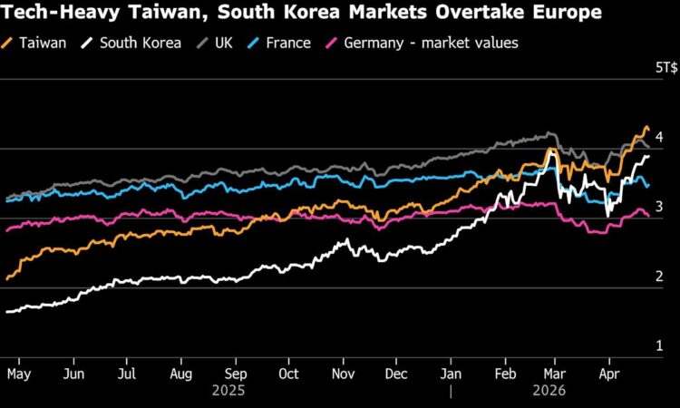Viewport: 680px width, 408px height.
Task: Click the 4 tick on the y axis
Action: (659, 138)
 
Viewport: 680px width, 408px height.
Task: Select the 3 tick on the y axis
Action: (659, 208)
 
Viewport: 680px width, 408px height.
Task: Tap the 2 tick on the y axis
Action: (659, 277)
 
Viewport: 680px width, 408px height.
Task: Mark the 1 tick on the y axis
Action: (659, 346)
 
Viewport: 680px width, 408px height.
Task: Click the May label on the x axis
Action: (20, 373)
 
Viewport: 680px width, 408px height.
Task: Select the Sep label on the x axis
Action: (235, 373)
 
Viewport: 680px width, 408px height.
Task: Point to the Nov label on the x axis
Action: (343, 373)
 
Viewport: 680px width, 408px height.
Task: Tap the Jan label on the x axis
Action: (450, 373)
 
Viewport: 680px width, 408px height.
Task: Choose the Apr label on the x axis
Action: (609, 373)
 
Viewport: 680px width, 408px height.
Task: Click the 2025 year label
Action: (236, 393)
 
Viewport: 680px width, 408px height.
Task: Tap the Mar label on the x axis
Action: (557, 373)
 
